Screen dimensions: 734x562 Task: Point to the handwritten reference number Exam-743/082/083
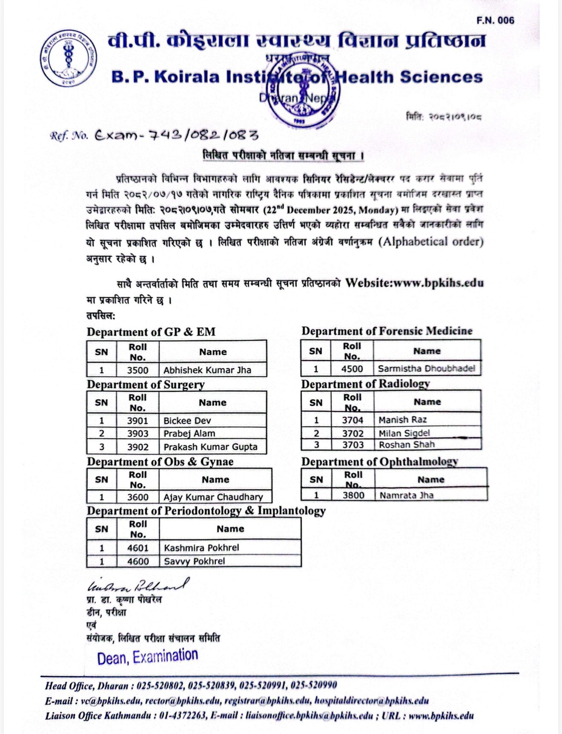176,135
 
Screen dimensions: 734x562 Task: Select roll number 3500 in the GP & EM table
138,370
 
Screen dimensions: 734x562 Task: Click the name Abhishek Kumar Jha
207,370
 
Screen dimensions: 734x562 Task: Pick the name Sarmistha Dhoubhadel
426,368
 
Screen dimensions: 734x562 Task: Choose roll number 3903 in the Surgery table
138,434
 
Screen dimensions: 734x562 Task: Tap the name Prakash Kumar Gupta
210,447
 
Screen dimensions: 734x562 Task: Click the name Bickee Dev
187,420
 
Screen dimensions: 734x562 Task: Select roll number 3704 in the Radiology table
353,420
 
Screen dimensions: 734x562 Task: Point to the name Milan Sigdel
404,433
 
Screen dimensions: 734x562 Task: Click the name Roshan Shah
407,445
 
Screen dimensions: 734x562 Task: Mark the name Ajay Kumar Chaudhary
213,497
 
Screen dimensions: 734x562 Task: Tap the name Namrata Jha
406,495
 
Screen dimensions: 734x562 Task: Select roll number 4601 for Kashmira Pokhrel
138,548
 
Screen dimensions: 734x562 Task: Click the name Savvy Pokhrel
194,561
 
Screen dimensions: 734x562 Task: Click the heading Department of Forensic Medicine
387,331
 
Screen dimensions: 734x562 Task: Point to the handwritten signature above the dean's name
138,586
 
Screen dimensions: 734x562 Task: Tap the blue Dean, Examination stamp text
147,657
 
